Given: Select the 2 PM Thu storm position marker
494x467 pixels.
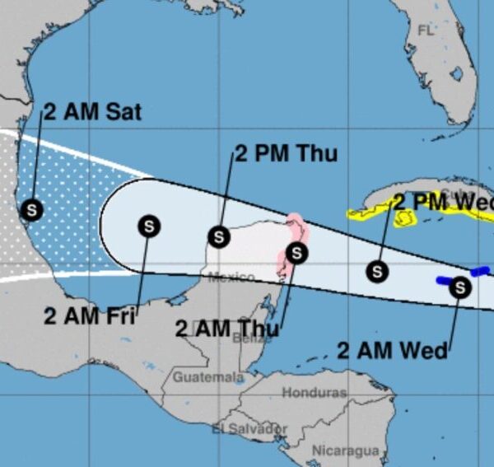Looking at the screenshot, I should coord(218,236).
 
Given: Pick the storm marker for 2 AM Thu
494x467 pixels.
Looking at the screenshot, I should coord(297,252).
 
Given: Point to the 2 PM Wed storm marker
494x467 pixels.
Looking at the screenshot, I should coord(377,270).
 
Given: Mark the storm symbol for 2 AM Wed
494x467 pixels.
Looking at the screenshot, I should coord(460,287).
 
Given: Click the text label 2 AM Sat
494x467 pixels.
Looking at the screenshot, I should coord(92,112).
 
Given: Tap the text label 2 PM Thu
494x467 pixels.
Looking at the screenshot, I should coord(286,154).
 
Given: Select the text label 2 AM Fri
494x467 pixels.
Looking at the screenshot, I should coord(90,315).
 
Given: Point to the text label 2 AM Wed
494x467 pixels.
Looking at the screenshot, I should coord(392,350).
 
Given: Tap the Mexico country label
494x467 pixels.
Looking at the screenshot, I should coord(231,278).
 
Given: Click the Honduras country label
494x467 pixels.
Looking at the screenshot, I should coord(314,393).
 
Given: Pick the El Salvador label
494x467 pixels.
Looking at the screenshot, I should coord(249,429).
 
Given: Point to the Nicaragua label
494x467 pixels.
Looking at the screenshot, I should coord(345,451).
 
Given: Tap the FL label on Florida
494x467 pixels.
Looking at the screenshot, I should coord(425,30).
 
